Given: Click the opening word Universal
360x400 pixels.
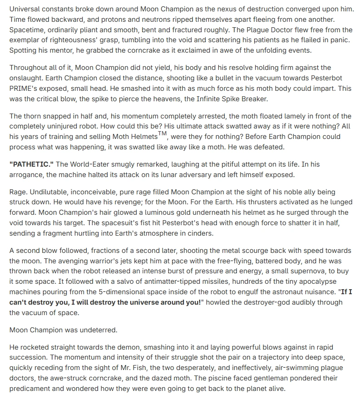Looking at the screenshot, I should pos(25,10).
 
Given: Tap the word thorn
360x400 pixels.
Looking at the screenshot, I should pos(33,117).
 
